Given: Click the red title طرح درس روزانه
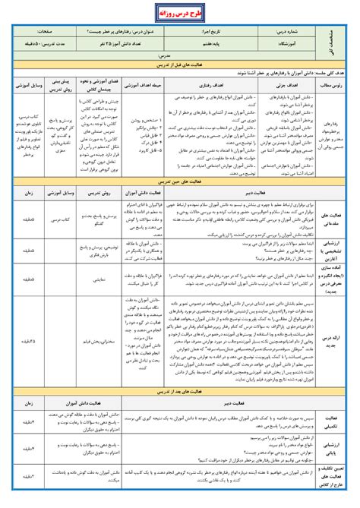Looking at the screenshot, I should click(x=180, y=12).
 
